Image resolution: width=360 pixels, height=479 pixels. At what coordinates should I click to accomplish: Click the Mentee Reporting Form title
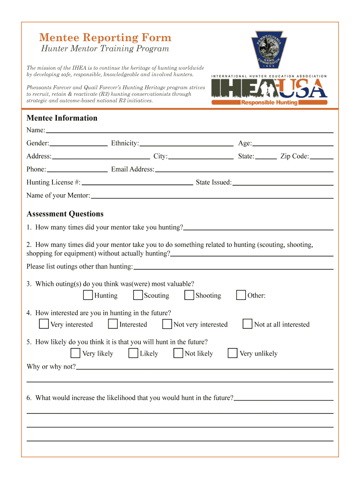pos(105,37)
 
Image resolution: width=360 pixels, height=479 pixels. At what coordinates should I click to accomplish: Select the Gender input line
pos(79,144)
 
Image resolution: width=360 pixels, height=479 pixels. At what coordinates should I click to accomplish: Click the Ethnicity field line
pos(187,144)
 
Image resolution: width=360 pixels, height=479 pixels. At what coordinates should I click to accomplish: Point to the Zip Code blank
pos(322,157)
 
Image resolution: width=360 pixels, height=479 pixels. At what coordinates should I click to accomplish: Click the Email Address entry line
pos(244,169)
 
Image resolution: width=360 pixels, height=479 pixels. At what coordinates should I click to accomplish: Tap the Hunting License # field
pos(137,182)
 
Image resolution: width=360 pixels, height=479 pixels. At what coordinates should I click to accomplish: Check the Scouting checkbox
pos(138,295)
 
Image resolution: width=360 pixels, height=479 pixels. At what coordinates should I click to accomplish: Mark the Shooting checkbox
pos(189,295)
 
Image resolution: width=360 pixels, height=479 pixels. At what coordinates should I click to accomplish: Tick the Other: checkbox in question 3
pos(241,295)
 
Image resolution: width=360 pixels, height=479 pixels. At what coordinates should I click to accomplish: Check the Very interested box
pos(44,324)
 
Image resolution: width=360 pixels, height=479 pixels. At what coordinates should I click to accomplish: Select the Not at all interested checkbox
pos(248,324)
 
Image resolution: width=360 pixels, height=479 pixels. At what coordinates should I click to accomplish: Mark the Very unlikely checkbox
pos(232,353)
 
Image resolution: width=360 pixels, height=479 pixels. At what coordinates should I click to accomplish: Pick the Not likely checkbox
pos(178,353)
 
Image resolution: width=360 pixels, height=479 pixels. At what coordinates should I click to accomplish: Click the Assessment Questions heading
pos(65,214)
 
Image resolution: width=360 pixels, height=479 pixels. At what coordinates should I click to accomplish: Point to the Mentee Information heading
pos(62,118)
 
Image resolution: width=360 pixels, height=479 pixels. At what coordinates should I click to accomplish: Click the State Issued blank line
pos(283,182)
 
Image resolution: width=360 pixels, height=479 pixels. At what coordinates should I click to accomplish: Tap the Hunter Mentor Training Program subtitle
pos(104,49)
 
